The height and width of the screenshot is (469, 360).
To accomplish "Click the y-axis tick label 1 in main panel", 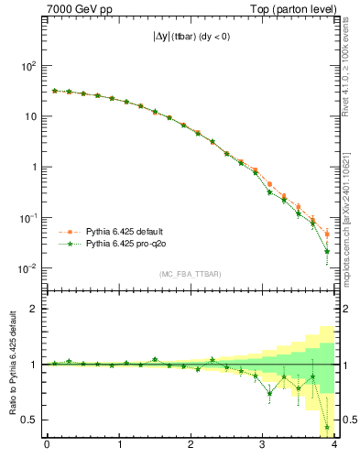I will coord(31,168).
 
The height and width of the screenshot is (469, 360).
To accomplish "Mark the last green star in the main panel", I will coord(327,251).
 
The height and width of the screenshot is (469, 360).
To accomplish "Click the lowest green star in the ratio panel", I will coord(327,428).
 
